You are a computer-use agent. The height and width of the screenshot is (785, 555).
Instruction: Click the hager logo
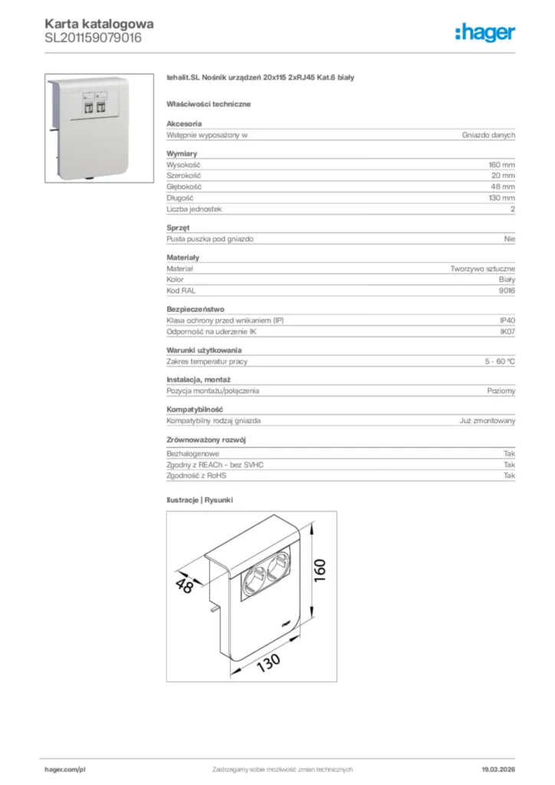pyautogui.click(x=484, y=32)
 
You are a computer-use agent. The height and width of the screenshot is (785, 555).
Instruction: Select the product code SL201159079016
pyautogui.click(x=93, y=37)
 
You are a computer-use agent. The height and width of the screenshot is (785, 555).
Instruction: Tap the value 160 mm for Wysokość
pyautogui.click(x=501, y=165)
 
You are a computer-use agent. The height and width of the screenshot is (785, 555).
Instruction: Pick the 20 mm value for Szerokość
pyautogui.click(x=503, y=176)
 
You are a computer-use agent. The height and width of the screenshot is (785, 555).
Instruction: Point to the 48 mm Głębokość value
pyautogui.click(x=503, y=187)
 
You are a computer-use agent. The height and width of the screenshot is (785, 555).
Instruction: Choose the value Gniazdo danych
pyautogui.click(x=488, y=135)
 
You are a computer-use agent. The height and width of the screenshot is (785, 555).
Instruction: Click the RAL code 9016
pyautogui.click(x=507, y=291)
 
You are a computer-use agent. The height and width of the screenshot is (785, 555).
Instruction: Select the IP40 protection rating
pyautogui.click(x=507, y=320)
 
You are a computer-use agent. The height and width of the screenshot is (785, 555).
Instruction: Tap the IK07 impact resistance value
pyautogui.click(x=507, y=331)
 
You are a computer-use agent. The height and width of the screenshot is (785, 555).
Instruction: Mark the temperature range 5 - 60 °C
pyautogui.click(x=499, y=361)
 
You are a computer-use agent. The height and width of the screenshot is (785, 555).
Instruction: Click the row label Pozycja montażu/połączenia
pyautogui.click(x=212, y=391)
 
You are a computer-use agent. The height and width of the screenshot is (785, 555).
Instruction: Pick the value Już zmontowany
pyautogui.click(x=488, y=421)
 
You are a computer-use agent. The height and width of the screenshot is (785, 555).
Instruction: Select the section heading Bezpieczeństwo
pyautogui.click(x=195, y=309)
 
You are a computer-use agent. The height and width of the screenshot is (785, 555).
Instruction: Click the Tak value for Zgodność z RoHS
pyautogui.click(x=509, y=476)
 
